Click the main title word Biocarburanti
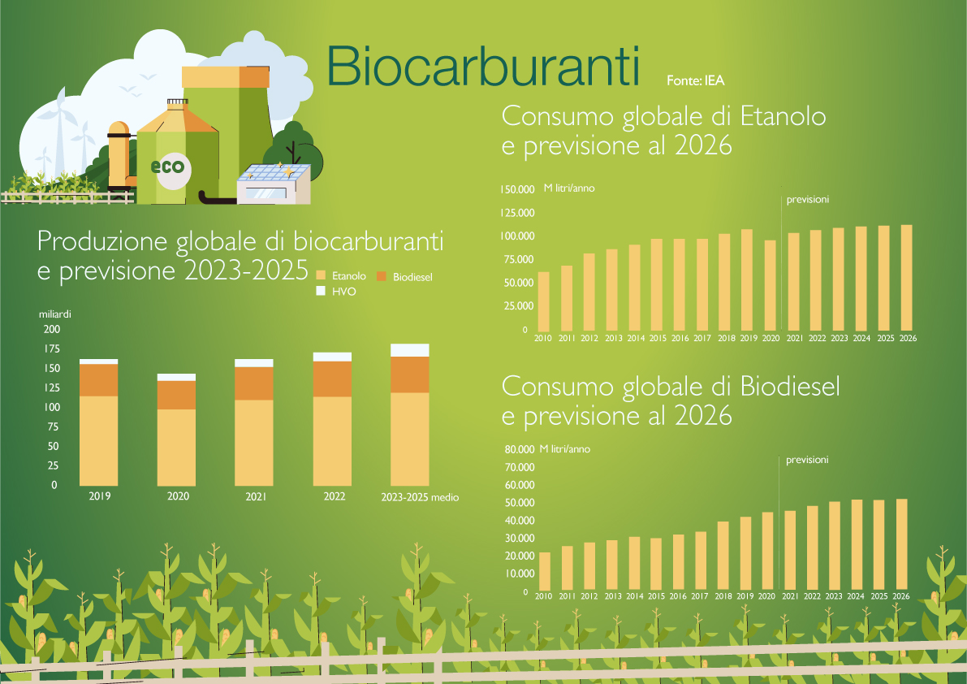[x=483, y=66]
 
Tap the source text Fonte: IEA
[x=695, y=80]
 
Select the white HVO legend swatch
[x=321, y=291]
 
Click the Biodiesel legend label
[x=412, y=277]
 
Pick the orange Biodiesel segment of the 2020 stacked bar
[x=176, y=396]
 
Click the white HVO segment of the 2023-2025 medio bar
[x=409, y=350]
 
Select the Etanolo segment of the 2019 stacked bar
[x=99, y=440]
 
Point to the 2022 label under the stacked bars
[x=335, y=496]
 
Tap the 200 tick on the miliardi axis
[x=52, y=329]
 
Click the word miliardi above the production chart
[x=55, y=314]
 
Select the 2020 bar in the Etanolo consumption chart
[x=771, y=286]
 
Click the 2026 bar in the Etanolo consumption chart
[x=907, y=278]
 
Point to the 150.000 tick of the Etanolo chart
[x=517, y=189]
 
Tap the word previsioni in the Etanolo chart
[x=807, y=200]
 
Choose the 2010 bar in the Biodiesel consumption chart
[x=545, y=571]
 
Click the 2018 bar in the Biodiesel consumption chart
[x=723, y=556]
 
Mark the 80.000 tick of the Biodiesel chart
[x=520, y=449]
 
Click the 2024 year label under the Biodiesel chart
[x=856, y=596]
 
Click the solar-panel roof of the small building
[x=274, y=173]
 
